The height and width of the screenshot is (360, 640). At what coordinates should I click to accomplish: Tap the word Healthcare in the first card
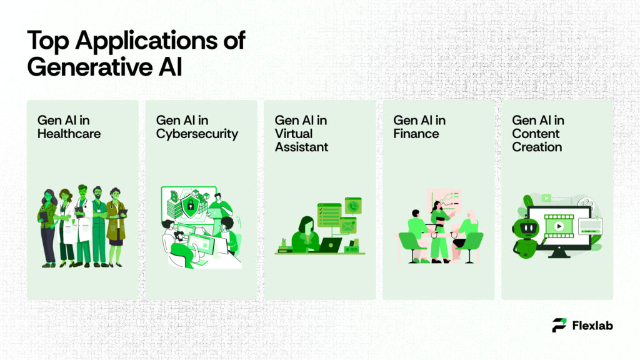coord(69,134)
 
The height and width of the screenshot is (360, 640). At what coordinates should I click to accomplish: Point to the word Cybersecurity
coord(197,134)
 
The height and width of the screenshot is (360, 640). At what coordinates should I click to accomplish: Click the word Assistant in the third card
coord(301,147)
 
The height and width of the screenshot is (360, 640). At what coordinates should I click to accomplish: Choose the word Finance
coord(416,134)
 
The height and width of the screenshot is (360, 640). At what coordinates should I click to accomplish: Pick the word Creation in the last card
coord(537,147)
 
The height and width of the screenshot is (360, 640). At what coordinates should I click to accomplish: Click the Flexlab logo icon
coord(559,325)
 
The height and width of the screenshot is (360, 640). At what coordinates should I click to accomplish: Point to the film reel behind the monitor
coord(585,204)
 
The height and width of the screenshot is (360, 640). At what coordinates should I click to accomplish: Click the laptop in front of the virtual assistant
coord(329,244)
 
